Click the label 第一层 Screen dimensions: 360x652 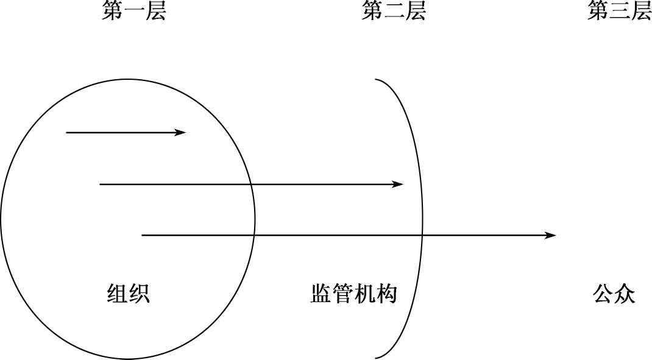point(133,11)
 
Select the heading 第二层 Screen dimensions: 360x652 point(393,11)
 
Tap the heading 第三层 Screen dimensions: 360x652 point(619,11)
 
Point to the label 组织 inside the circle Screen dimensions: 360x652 point(128,294)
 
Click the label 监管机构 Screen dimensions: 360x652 point(353,294)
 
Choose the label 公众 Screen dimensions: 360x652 point(614,294)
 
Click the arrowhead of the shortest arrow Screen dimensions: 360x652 point(182,132)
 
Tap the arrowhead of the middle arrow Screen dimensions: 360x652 point(399,184)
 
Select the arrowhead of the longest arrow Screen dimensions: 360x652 point(551,235)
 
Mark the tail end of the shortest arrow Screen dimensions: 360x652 point(66,132)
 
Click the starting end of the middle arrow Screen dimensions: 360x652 point(100,184)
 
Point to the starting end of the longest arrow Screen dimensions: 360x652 point(142,235)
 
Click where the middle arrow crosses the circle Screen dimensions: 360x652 point(250,184)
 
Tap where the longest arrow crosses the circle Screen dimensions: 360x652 point(254,235)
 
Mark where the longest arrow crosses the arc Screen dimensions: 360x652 point(423,235)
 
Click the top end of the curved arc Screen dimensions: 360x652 point(375,80)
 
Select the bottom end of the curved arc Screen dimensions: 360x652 point(375,357)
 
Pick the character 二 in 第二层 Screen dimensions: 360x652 point(393,11)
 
